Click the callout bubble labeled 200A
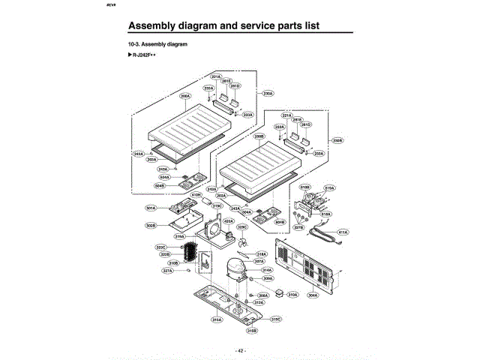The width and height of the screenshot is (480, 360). pyautogui.click(x=185, y=96)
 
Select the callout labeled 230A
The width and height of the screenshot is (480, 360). pyautogui.click(x=268, y=94)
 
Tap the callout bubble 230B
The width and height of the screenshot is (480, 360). pyautogui.click(x=337, y=140)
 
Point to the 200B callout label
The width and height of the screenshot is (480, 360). pyautogui.click(x=259, y=136)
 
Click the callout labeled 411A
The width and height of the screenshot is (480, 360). pyautogui.click(x=343, y=232)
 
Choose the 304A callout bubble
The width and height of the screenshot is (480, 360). pyautogui.click(x=313, y=295)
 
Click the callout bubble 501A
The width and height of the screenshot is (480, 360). pyautogui.click(x=151, y=208)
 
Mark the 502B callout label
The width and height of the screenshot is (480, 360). pyautogui.click(x=151, y=225)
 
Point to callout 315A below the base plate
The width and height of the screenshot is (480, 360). pyautogui.click(x=217, y=320)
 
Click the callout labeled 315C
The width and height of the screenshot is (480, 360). pyautogui.click(x=276, y=319)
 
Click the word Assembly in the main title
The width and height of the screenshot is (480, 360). pyautogui.click(x=157, y=26)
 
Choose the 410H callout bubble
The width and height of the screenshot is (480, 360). pyautogui.click(x=196, y=195)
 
